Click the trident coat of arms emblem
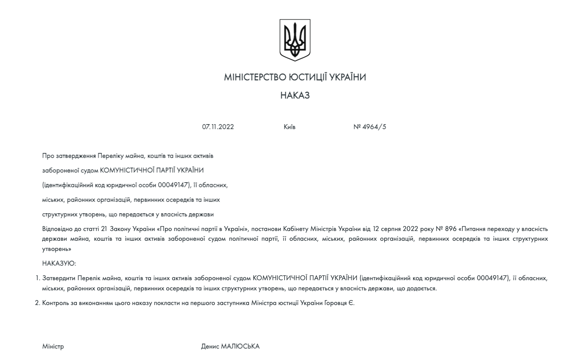(x=295, y=40)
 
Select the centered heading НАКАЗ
(x=295, y=96)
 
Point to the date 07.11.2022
(x=218, y=127)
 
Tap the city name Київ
(x=289, y=127)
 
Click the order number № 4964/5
(x=370, y=127)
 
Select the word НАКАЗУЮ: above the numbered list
(x=59, y=263)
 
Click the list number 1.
(x=37, y=278)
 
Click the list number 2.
(x=37, y=303)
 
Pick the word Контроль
(x=55, y=303)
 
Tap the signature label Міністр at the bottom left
(x=53, y=347)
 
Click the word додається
(x=423, y=288)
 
